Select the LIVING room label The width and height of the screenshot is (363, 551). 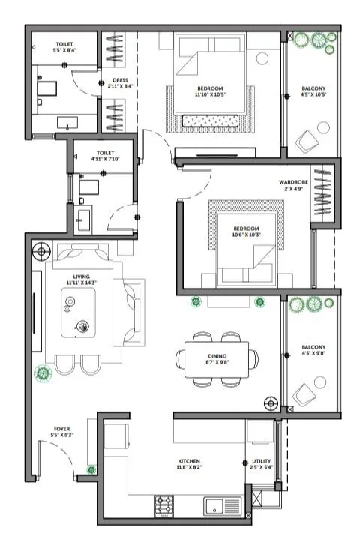click(x=82, y=277)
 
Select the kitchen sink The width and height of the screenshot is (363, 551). click(x=222, y=505)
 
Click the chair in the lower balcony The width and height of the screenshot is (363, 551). click(x=307, y=394)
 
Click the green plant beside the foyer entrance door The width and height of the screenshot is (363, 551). click(x=91, y=470)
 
